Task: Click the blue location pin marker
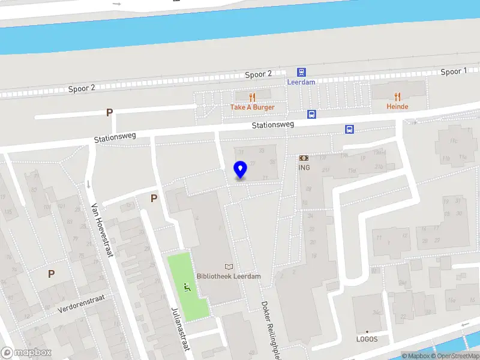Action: [240, 170]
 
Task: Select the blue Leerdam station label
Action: [301, 82]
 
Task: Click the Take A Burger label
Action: [252, 107]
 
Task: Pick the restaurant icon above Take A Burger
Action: [252, 97]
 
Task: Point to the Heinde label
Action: [397, 107]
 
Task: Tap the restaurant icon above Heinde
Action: [397, 96]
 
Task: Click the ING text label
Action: [304, 167]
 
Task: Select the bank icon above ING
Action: [304, 158]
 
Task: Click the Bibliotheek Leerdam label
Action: [229, 277]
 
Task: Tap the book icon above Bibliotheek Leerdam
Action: [229, 266]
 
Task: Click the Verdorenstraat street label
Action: [82, 304]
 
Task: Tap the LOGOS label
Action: [367, 339]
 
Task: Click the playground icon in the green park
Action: [188, 288]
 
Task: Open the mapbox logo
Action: [26, 353]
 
